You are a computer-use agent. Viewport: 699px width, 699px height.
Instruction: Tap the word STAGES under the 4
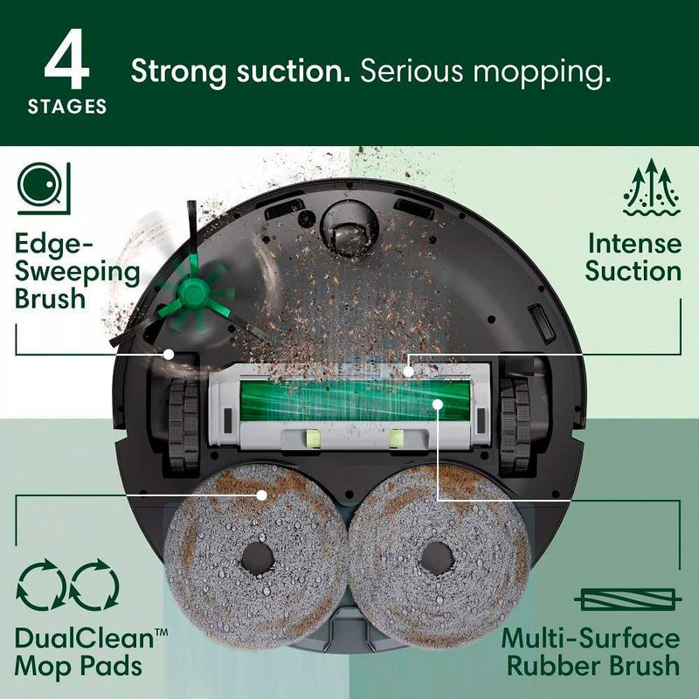pyautogui.click(x=67, y=107)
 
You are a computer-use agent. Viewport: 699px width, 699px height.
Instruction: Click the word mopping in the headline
pyautogui.click(x=542, y=72)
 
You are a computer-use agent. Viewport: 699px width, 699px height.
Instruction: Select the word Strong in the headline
pyautogui.click(x=179, y=72)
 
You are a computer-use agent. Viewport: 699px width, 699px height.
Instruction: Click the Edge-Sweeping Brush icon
pyautogui.click(x=44, y=187)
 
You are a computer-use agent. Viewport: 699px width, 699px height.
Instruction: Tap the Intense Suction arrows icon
pyautogui.click(x=652, y=187)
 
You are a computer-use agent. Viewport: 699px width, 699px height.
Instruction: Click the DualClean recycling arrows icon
pyautogui.click(x=68, y=585)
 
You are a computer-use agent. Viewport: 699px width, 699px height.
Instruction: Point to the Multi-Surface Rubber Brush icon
pyautogui.click(x=627, y=600)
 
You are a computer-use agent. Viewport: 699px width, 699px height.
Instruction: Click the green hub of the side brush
pyautogui.click(x=192, y=293)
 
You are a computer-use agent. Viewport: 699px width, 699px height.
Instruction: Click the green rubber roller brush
pyautogui.click(x=356, y=400)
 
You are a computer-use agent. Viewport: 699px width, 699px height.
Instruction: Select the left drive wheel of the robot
pyautogui.click(x=183, y=426)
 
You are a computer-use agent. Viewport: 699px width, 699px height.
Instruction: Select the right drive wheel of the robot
pyautogui.click(x=516, y=426)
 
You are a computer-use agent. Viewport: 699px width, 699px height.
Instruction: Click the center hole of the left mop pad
pyautogui.click(x=258, y=558)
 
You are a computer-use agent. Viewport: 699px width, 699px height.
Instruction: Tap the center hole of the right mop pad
pyautogui.click(x=438, y=558)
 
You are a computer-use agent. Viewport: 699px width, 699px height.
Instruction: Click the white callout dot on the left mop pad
pyautogui.click(x=262, y=495)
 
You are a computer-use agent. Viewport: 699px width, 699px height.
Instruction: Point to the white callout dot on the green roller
pyautogui.click(x=438, y=405)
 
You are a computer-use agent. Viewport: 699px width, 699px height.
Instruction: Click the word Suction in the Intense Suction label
pyautogui.click(x=633, y=272)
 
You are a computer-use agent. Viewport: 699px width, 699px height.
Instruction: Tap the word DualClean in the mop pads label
pyautogui.click(x=85, y=639)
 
